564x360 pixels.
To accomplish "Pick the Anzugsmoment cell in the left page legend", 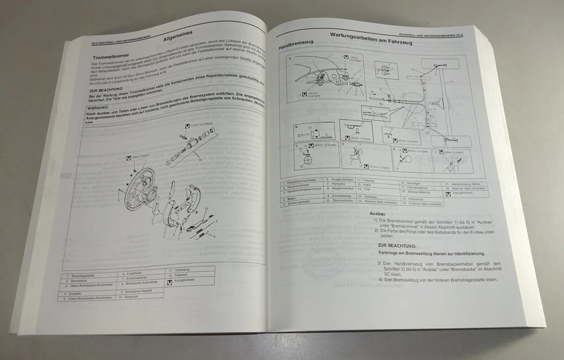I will [187, 282].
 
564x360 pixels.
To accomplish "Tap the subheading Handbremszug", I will [297, 46].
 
